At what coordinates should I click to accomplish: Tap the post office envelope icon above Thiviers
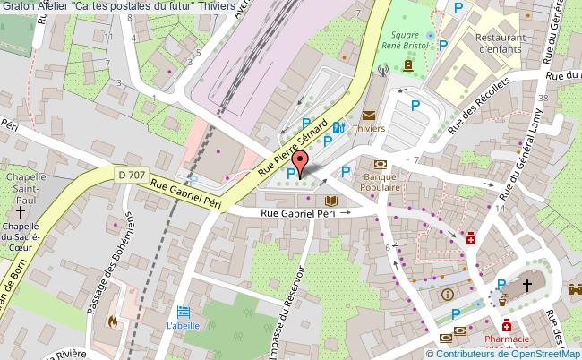(x=369, y=115)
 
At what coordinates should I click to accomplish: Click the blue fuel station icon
(x=338, y=128)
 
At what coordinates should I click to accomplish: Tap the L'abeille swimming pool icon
(x=184, y=312)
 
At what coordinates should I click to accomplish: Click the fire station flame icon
(x=112, y=320)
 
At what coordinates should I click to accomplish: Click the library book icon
(x=331, y=201)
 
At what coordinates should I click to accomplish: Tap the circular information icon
(x=447, y=294)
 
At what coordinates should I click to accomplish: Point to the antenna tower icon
(x=383, y=67)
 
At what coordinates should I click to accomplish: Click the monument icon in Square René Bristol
(x=409, y=64)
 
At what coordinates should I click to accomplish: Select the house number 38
(x=543, y=97)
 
